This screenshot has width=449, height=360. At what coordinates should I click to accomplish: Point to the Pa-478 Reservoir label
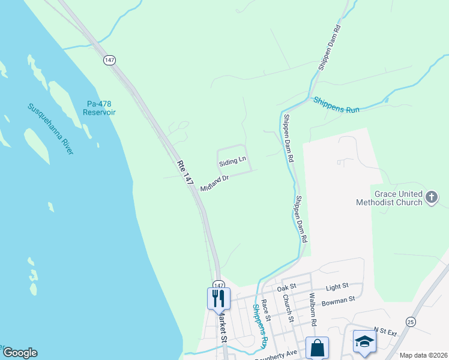pos(99,108)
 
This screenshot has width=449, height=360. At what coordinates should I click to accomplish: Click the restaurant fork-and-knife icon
pos(218,298)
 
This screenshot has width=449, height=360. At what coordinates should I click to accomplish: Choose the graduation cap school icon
pos(364,341)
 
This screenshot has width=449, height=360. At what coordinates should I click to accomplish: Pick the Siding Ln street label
pos(232,162)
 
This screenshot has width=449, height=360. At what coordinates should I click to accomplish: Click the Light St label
pos(337,288)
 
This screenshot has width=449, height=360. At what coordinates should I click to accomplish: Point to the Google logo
pos(20,353)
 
